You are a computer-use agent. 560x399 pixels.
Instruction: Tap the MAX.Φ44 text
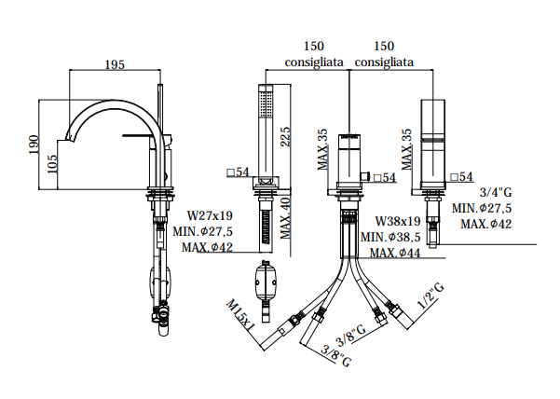pyautogui.click(x=394, y=252)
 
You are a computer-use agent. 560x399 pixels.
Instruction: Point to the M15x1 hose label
pyautogui.click(x=239, y=314)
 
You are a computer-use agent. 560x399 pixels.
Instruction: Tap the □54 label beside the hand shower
pyautogui.click(x=237, y=172)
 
